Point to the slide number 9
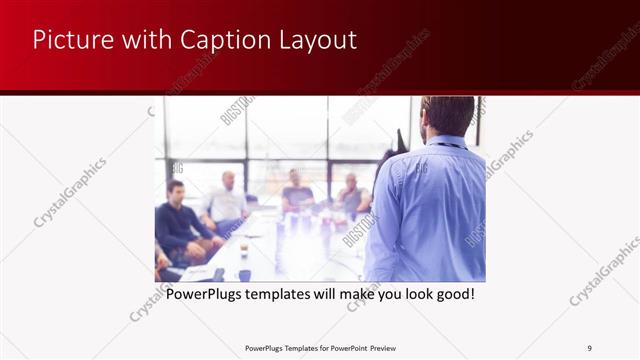589,348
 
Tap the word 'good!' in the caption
452,295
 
